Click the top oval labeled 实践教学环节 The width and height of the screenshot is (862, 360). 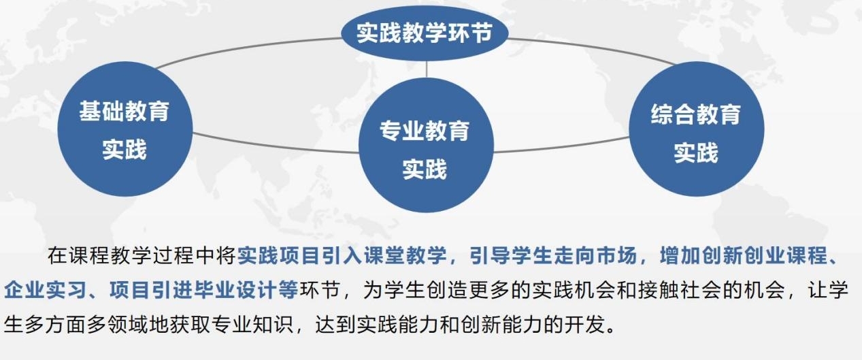coord(424,32)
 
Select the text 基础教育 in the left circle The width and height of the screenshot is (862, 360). coord(124,111)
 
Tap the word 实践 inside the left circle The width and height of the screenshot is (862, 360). coord(124,149)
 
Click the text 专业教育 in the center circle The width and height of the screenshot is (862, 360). coord(424,130)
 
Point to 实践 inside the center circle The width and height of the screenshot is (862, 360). coord(424,169)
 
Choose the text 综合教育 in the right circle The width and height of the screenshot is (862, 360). coord(695,114)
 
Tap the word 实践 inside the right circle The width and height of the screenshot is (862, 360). coord(695,152)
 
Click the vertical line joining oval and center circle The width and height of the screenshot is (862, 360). coord(427,69)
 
